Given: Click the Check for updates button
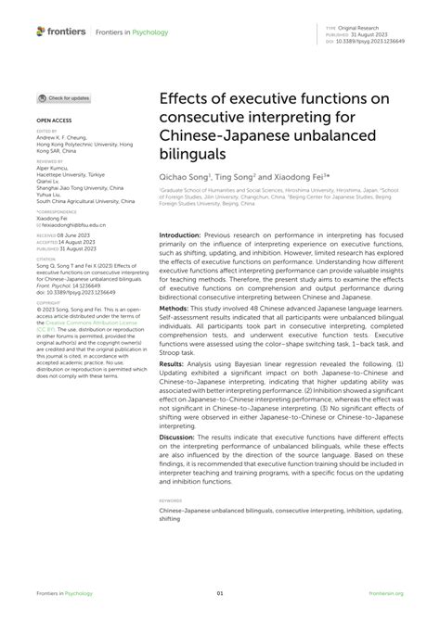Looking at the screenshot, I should pos(64,97).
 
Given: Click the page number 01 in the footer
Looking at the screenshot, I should pos(220,594).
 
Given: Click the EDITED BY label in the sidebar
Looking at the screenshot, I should pos(46,132).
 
